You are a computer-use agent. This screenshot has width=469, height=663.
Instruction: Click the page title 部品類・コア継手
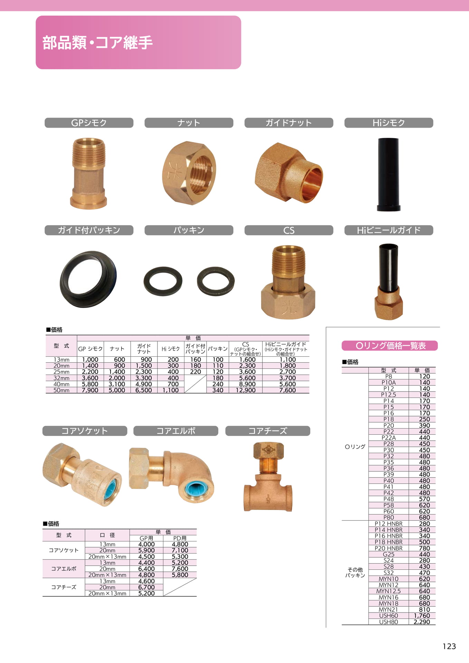tap(97, 42)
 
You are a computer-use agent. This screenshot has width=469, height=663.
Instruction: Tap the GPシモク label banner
tap(89, 123)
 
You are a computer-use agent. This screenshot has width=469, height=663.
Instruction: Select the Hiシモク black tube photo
tap(389, 174)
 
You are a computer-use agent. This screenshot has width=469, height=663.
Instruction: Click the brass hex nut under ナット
tap(189, 173)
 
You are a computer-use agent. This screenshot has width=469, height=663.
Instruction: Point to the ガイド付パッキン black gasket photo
tap(88, 279)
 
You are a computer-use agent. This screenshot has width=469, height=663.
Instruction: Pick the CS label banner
tap(289, 230)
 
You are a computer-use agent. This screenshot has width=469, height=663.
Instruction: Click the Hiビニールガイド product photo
tap(389, 281)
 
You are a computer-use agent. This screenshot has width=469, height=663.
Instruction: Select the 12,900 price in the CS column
tap(246, 390)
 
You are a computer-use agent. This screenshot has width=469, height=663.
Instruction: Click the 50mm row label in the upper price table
tap(61, 390)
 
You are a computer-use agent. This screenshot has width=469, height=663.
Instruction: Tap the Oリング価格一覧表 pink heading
tap(390, 346)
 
